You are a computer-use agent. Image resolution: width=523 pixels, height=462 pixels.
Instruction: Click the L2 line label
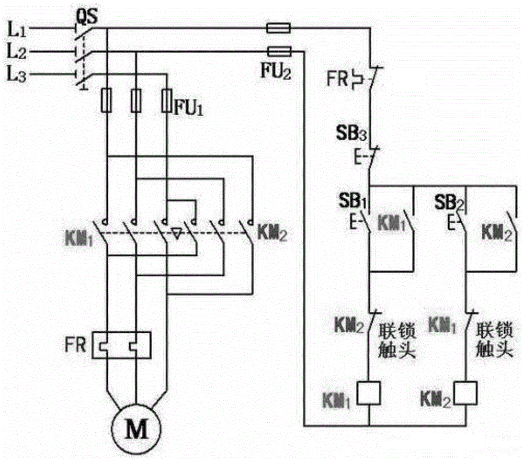point(17,52)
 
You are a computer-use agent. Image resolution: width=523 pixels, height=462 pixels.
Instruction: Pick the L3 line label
point(17,75)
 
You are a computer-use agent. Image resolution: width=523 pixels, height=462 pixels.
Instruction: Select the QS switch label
point(87,16)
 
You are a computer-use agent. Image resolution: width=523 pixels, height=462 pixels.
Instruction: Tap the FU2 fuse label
point(276,71)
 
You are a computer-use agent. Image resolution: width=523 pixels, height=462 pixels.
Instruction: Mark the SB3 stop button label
point(351,133)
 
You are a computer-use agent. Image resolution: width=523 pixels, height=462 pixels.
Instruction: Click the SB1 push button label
point(353,200)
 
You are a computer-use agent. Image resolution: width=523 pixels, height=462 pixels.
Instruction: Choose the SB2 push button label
point(449,202)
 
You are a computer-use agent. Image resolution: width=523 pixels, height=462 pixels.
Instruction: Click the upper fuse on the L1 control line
point(278,28)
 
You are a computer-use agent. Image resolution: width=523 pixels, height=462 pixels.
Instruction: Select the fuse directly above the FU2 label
point(279,51)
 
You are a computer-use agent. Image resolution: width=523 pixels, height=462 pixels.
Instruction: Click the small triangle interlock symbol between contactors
point(177,233)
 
